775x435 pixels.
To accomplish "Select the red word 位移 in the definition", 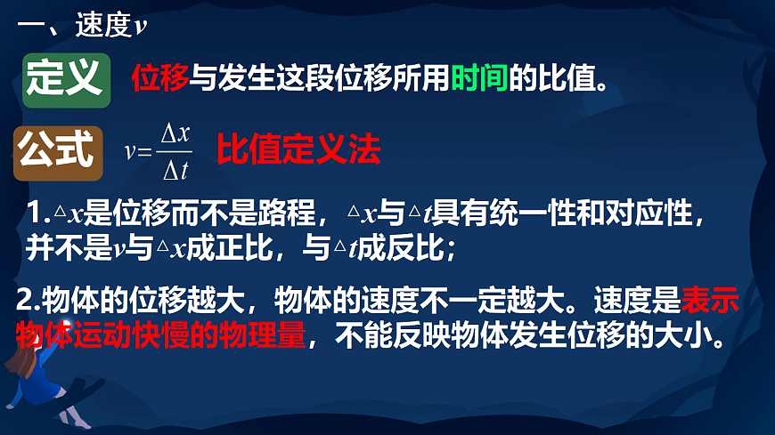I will click(159, 80).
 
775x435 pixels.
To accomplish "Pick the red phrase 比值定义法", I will click(298, 149).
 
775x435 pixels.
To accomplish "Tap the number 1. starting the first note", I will click(37, 214).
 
